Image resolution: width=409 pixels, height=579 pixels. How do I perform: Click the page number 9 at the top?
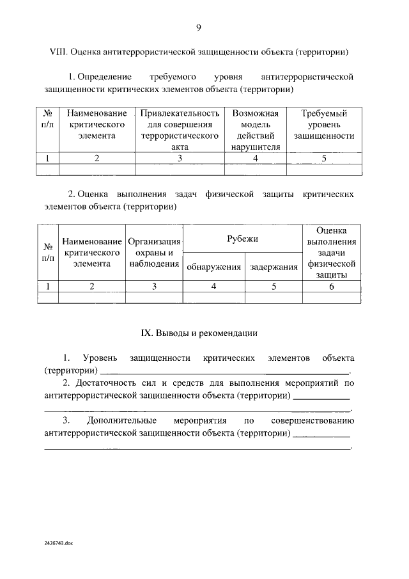(x=199, y=27)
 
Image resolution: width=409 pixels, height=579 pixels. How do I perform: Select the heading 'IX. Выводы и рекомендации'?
(x=199, y=333)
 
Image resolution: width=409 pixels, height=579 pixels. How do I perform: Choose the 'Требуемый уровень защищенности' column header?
(x=324, y=125)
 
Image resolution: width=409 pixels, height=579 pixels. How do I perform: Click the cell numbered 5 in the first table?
(x=324, y=159)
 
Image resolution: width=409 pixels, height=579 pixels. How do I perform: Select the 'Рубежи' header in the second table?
(x=243, y=239)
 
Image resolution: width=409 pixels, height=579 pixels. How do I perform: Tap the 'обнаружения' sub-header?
(x=214, y=267)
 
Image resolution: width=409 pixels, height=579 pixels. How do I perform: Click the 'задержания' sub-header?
(x=274, y=267)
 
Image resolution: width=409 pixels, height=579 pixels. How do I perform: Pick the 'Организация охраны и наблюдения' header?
(x=154, y=253)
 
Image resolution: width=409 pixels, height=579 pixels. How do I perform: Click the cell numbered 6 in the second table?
(x=331, y=287)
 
